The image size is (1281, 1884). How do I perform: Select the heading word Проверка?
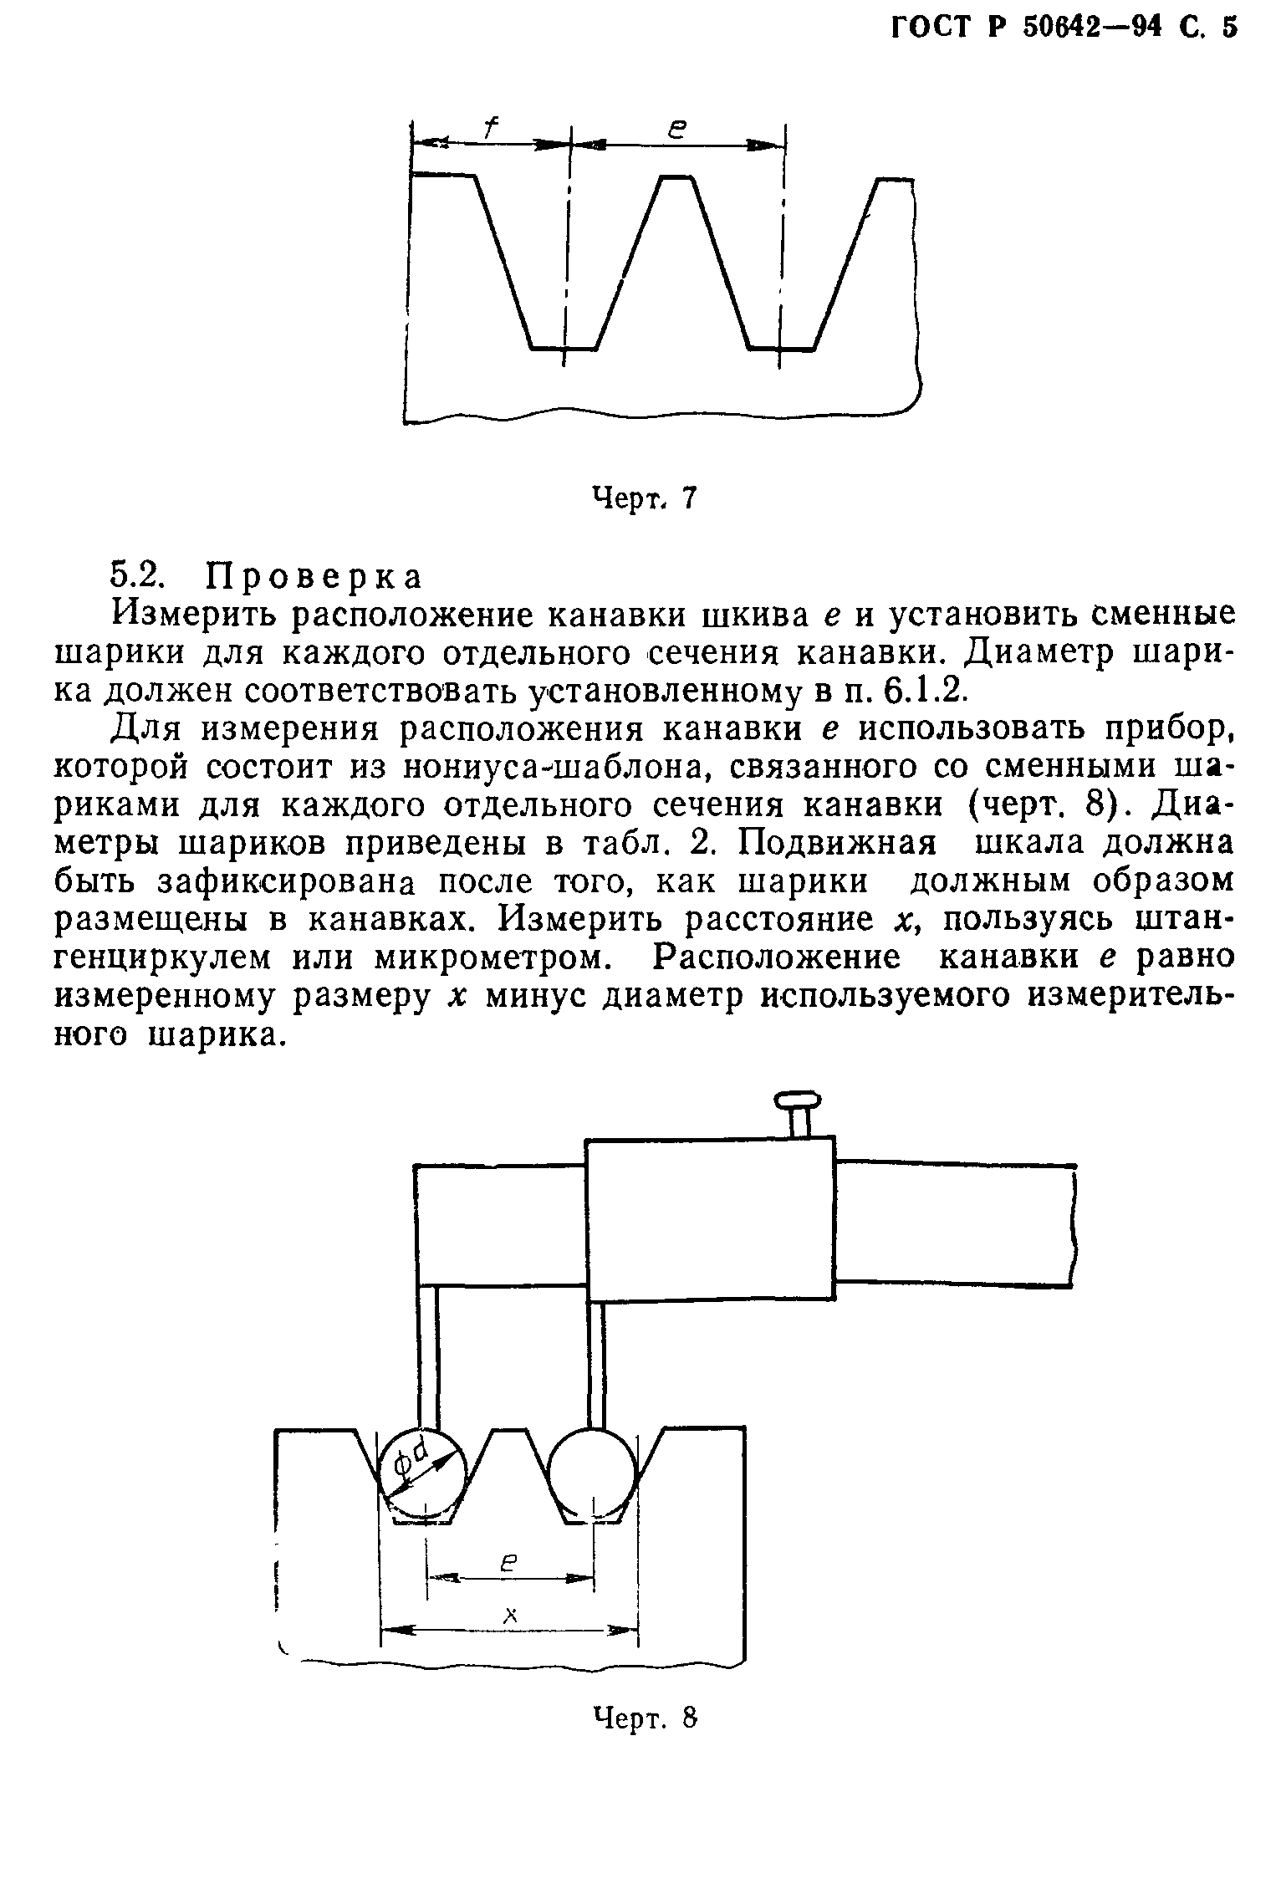pos(315,577)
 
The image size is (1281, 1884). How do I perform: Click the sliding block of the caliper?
pos(709,1220)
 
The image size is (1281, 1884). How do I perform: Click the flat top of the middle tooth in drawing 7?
pos(676,177)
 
